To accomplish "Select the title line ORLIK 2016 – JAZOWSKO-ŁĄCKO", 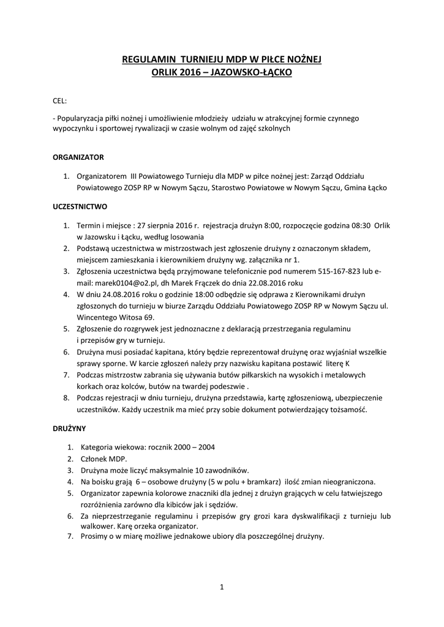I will click(222, 72).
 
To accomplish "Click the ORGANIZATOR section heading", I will click(78, 157).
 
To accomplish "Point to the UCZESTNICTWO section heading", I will click(80, 207).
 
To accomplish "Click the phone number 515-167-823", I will click(345, 271).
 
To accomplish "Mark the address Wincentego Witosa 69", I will click(115, 317).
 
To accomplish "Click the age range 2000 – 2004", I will click(190, 446).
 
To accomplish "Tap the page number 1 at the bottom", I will click(222, 588).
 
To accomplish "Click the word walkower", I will click(94, 526).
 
